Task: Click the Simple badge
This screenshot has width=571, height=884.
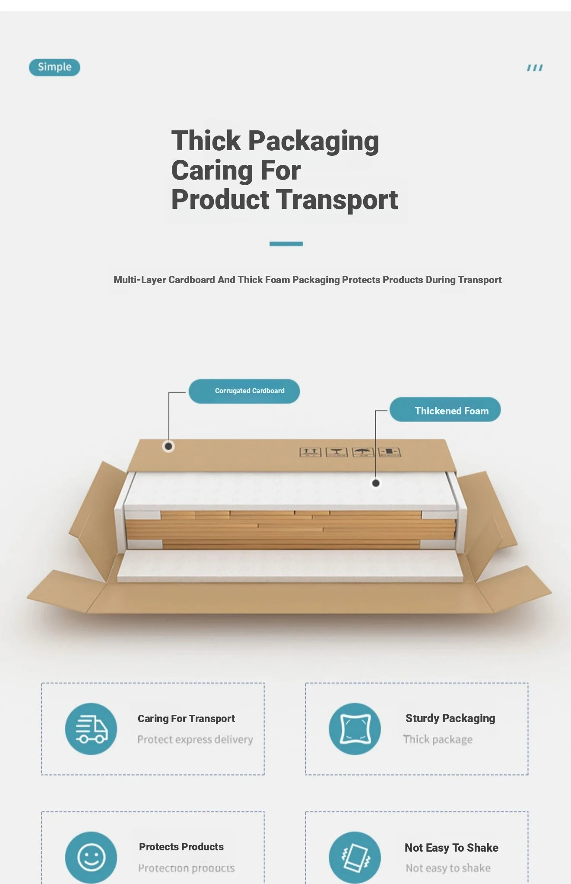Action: pyautogui.click(x=54, y=67)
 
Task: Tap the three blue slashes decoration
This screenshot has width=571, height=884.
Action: pyautogui.click(x=535, y=68)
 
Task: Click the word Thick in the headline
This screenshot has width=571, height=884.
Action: pyautogui.click(x=206, y=141)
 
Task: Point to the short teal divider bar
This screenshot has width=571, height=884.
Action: pyautogui.click(x=286, y=244)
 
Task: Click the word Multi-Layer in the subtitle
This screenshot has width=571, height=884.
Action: pyautogui.click(x=140, y=280)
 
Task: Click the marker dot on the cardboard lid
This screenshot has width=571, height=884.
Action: pyautogui.click(x=168, y=446)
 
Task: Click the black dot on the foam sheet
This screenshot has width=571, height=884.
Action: pyautogui.click(x=376, y=483)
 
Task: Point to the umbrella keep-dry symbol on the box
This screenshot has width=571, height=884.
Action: pyautogui.click(x=363, y=452)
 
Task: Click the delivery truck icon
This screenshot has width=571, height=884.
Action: pyautogui.click(x=91, y=729)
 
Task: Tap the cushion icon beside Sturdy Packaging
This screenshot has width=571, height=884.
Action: pyautogui.click(x=355, y=729)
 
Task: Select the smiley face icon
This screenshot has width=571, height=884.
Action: pyautogui.click(x=91, y=857)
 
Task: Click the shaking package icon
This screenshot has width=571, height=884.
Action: pyautogui.click(x=355, y=857)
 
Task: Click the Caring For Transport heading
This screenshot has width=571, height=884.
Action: pyautogui.click(x=186, y=719)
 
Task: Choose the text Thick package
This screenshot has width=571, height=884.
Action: pyautogui.click(x=438, y=739)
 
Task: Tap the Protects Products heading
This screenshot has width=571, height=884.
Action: pyautogui.click(x=181, y=847)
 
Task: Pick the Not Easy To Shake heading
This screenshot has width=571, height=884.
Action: pyautogui.click(x=451, y=848)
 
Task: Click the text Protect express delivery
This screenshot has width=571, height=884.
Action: pyautogui.click(x=195, y=739)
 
